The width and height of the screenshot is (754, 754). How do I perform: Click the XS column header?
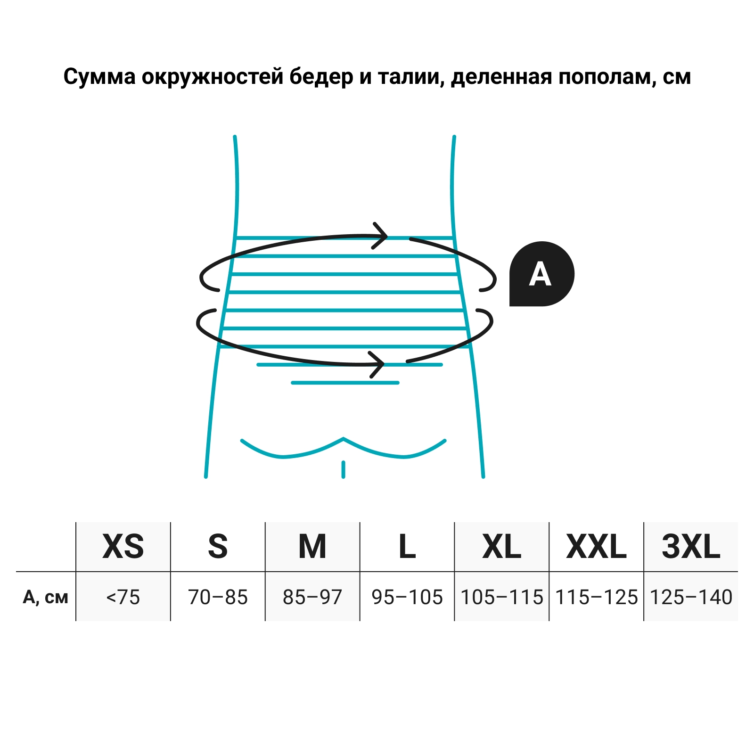point(123,547)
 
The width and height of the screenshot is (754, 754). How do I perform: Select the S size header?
point(218,547)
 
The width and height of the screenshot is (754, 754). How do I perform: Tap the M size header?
point(312,547)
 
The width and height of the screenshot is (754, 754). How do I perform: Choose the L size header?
point(407,547)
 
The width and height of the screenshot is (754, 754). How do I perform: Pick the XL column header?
point(502,547)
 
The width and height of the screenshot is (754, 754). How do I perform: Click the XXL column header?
point(596,547)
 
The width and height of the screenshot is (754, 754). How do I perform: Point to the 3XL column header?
point(691,547)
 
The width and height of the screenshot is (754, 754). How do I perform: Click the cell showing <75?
point(123,597)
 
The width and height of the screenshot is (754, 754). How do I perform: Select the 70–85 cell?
point(218,597)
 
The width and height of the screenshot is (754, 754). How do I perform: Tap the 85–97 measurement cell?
point(312,597)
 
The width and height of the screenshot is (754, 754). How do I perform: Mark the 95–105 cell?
point(407,597)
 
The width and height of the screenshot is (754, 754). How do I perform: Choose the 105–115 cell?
point(502,597)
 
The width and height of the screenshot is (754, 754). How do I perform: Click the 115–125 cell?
point(596,597)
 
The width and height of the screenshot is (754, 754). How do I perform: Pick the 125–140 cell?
point(691,597)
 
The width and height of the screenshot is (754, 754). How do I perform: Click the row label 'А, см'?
point(46,598)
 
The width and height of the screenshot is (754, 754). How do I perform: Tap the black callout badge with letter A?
point(541,274)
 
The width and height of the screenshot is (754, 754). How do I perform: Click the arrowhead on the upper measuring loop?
point(380,235)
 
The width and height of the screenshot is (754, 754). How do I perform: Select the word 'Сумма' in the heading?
point(100,76)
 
